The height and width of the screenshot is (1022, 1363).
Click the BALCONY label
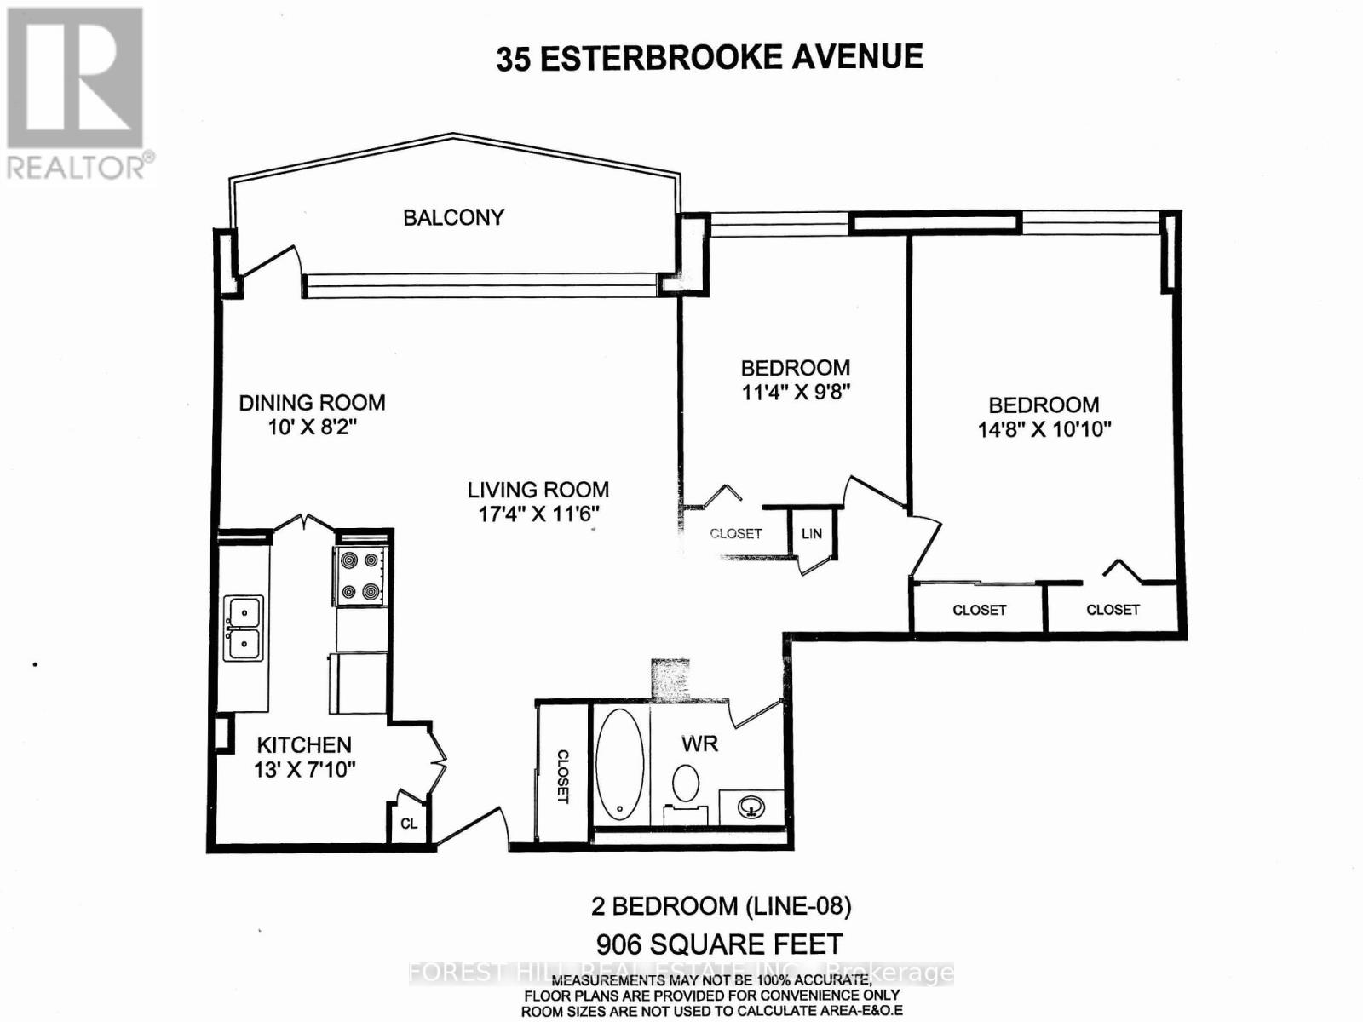coord(453,217)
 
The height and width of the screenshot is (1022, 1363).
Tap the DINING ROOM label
coord(312,403)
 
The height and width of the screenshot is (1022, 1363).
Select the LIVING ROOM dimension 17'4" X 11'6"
coord(538,514)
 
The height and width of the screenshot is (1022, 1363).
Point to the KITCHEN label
coord(304,744)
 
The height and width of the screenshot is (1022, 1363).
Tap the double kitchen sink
coord(243,628)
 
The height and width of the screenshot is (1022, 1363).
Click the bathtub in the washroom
coord(619,764)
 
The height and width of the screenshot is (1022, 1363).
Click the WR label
coord(699,744)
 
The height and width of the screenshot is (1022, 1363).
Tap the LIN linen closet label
coord(812,533)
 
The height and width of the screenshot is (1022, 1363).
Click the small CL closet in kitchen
coord(409,824)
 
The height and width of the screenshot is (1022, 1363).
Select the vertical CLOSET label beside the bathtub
coord(562,776)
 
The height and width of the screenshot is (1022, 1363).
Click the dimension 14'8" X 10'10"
coord(1044,429)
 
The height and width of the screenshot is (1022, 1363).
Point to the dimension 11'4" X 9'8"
coord(796,393)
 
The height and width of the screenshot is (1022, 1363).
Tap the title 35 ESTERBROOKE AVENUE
coord(710,58)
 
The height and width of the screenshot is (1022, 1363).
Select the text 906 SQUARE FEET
coord(720,944)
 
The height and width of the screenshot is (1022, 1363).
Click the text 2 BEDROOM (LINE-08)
coord(721,905)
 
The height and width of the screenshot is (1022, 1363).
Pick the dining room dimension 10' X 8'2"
coord(312,427)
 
